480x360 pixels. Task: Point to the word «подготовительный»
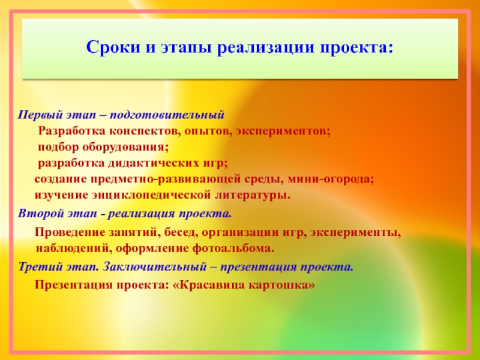pyautogui.click(x=167, y=115)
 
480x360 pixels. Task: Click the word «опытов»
pyautogui.click(x=208, y=132)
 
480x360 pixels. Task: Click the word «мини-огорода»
pyautogui.click(x=331, y=179)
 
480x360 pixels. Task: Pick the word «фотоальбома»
pyautogui.click(x=233, y=248)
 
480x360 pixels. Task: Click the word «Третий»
pyautogui.click(x=38, y=267)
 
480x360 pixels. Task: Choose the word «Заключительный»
pyautogui.click(x=154, y=267)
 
